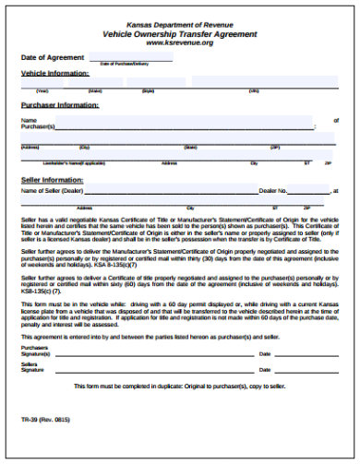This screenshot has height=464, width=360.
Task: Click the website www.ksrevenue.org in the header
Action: tap(180, 42)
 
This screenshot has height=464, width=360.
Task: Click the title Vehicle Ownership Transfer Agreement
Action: tap(180, 33)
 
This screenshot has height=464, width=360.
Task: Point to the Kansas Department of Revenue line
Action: tap(180, 25)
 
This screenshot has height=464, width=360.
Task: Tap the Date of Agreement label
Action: tap(47, 57)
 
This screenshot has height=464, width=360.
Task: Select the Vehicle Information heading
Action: tap(55, 72)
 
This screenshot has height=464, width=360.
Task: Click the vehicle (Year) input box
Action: tap(42, 85)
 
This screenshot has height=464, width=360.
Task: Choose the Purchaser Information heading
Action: tap(60, 105)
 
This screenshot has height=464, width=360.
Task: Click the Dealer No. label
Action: tap(273, 191)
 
